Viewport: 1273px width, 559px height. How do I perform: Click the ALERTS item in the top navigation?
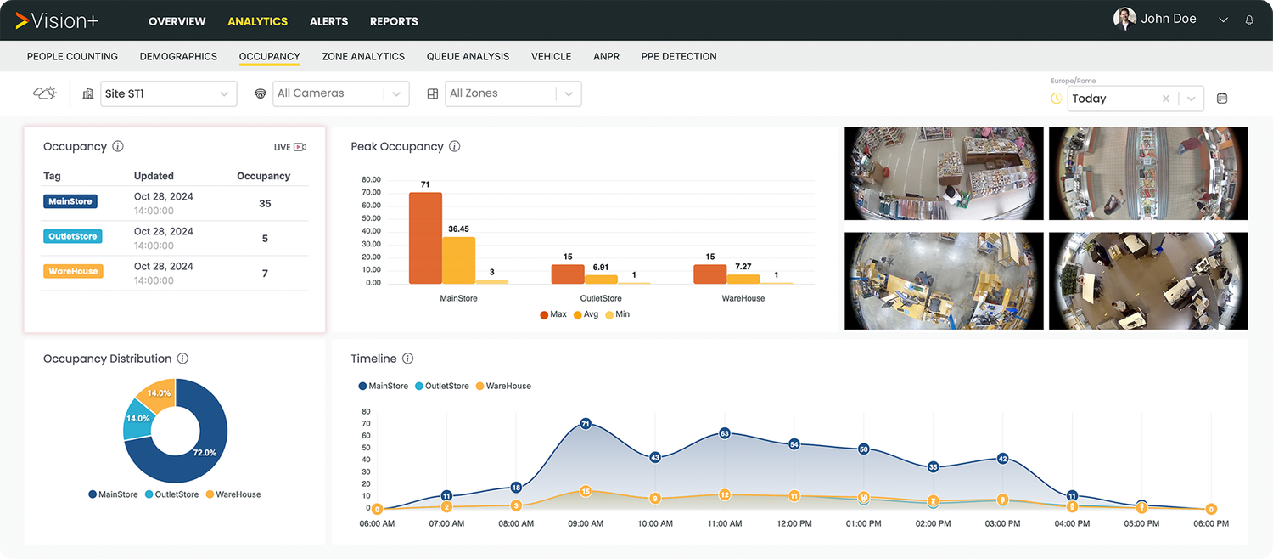328,21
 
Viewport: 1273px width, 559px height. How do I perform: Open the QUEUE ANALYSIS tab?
468,56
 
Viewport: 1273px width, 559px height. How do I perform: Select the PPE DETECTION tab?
679,56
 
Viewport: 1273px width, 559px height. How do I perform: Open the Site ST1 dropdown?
168,93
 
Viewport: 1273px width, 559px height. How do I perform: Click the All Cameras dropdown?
340,93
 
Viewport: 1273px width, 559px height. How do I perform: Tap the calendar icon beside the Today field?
1222,99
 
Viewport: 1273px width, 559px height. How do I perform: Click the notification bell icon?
1249,20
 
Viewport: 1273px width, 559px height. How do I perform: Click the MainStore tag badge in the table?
70,201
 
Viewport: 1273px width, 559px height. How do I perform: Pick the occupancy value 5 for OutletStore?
265,239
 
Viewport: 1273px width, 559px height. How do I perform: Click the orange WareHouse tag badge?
73,271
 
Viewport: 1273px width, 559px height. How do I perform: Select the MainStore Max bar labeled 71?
425,238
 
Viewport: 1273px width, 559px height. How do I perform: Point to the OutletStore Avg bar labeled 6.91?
601,279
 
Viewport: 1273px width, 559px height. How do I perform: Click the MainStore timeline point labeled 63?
724,433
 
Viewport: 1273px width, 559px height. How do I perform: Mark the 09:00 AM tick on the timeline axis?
585,523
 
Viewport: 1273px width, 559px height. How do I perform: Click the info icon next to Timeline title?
407,359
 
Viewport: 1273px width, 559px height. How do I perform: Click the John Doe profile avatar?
1124,20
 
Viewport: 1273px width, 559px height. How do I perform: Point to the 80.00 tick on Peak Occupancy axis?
371,180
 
